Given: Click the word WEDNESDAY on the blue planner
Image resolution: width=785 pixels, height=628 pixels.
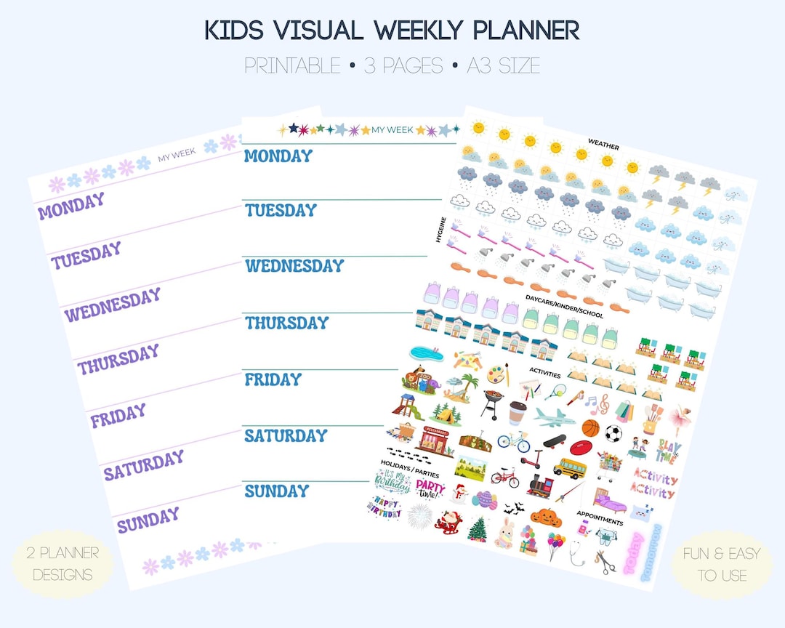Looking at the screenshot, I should [294, 265].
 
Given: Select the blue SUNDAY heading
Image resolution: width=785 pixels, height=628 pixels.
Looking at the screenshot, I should [277, 491].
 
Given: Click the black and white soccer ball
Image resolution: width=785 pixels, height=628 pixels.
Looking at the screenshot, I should [613, 434].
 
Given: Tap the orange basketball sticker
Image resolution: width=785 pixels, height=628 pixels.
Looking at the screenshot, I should [591, 427].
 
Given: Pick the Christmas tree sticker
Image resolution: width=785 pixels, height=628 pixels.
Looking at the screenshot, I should [478, 528].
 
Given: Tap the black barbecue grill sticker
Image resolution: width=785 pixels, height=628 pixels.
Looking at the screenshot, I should [492, 403].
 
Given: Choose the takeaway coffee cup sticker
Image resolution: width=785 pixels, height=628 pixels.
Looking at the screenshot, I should [517, 413].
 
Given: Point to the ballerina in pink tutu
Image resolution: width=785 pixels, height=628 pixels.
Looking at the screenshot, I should [680, 418].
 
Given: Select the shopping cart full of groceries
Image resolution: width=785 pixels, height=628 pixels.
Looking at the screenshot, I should [610, 463].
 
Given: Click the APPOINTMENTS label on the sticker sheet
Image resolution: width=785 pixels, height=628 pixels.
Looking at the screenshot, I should [599, 521].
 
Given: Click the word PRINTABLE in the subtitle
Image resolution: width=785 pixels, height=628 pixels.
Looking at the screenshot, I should [292, 66].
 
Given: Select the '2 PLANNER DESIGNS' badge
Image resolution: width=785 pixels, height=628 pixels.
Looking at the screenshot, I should [63, 564].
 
